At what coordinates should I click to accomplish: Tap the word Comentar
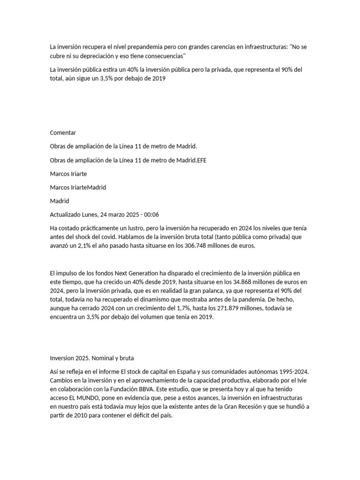(63, 133)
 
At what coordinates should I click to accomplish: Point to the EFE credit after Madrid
(202, 160)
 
